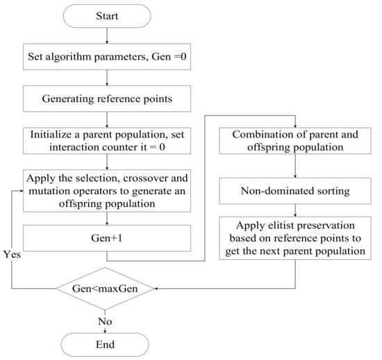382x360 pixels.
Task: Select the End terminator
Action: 106,344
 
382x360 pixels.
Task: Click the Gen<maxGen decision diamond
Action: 106,287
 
